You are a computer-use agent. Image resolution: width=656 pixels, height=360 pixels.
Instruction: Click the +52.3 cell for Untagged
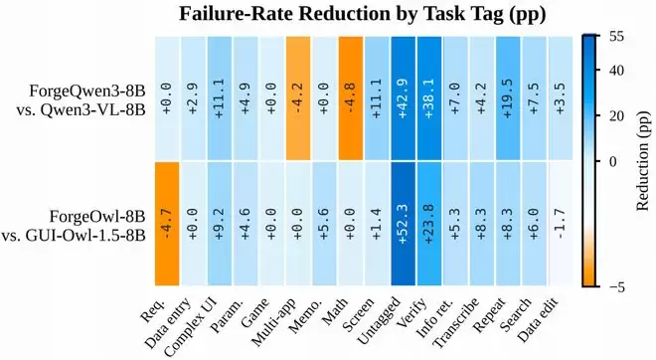point(404,224)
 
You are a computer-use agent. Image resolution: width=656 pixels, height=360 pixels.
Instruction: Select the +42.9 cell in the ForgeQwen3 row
point(404,98)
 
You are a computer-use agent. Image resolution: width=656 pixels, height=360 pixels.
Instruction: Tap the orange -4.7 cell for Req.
point(167,224)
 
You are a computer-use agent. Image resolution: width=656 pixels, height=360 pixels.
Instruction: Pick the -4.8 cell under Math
point(351,98)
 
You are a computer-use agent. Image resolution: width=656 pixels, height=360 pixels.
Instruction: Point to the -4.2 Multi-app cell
point(298,98)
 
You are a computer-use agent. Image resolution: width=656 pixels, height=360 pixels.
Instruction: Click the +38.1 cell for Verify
point(429,98)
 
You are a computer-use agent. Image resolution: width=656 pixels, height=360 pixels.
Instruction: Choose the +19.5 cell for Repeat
point(508,98)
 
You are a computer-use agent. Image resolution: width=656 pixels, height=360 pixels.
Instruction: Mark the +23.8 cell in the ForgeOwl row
point(429,224)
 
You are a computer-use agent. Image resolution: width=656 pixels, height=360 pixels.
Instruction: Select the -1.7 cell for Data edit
point(561,224)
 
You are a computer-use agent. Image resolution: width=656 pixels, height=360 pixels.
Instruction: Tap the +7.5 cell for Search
point(535,98)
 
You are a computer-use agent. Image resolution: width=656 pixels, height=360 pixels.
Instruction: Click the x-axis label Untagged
point(381,320)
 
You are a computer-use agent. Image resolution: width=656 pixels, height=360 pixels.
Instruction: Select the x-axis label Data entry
point(168,322)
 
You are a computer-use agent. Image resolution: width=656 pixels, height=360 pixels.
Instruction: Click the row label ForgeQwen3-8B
point(87,90)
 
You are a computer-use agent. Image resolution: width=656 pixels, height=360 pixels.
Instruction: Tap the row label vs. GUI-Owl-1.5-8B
point(74,236)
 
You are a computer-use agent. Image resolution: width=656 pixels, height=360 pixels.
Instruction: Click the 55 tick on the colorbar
point(616,37)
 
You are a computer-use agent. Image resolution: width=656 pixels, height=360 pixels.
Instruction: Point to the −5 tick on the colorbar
point(616,287)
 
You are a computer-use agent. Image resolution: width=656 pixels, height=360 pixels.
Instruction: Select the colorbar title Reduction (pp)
point(643,161)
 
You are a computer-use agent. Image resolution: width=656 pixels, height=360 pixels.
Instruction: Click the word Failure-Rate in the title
point(237,14)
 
